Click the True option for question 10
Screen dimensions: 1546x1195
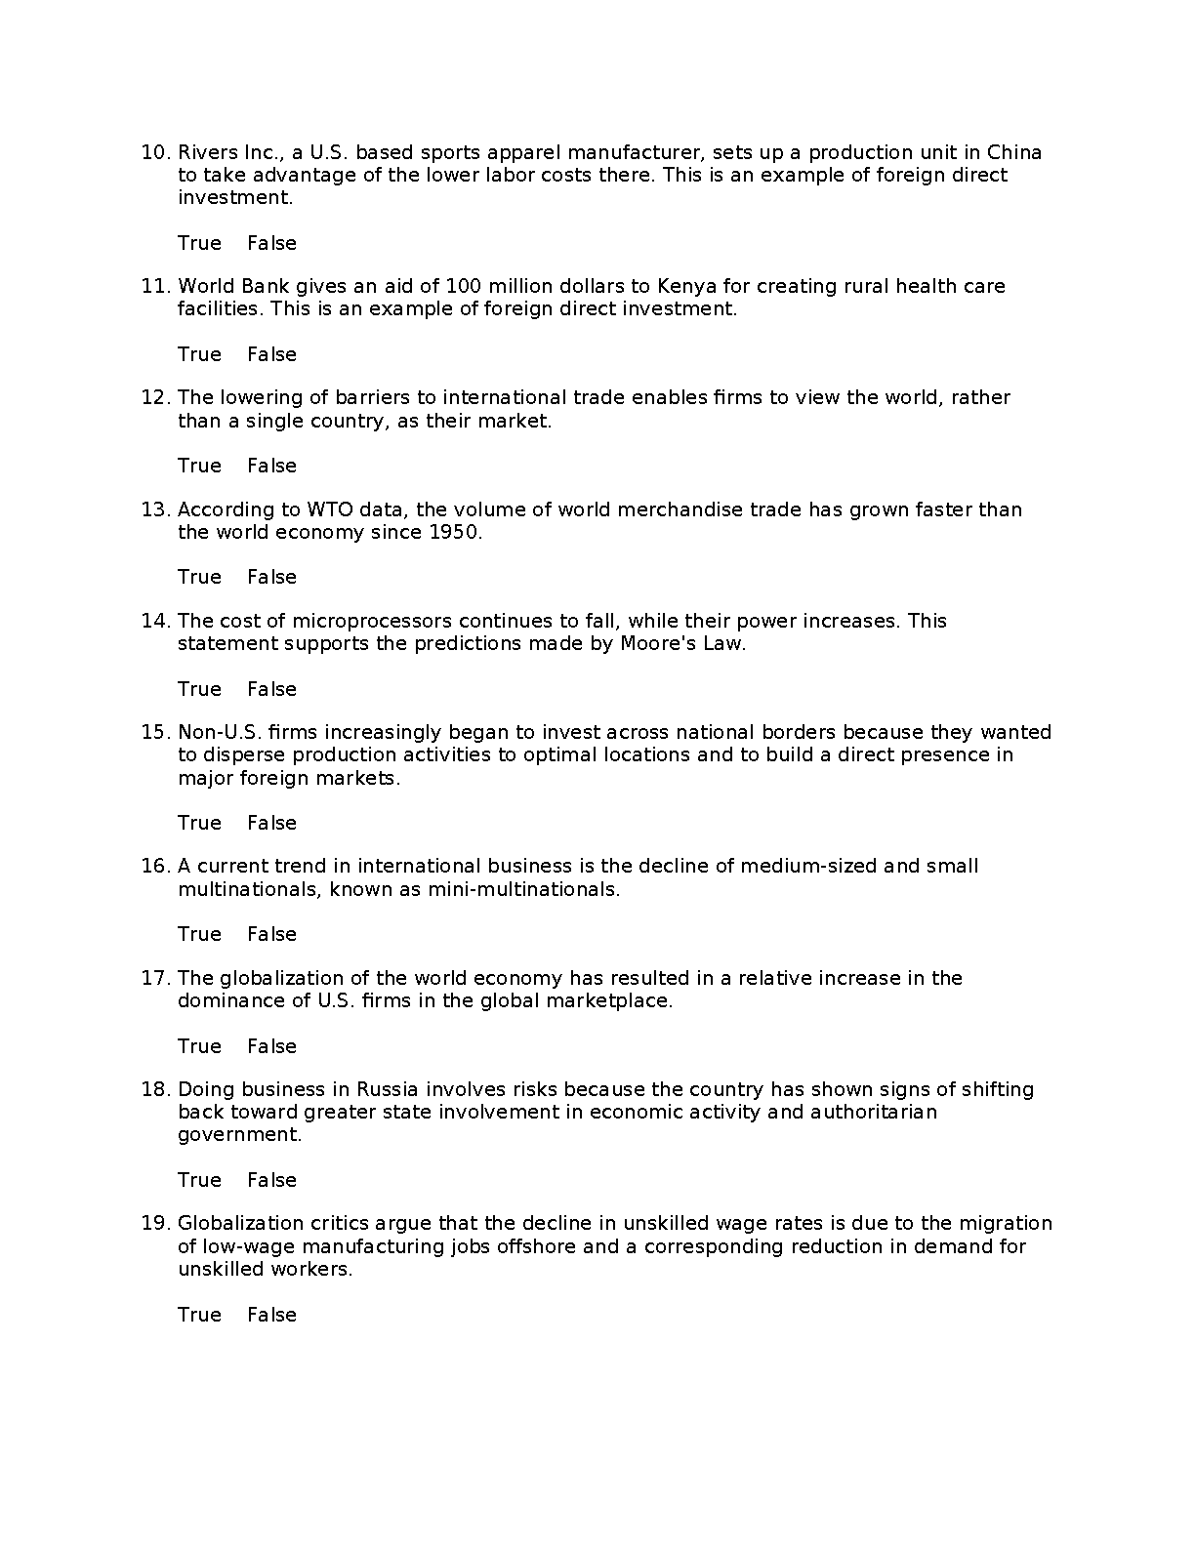[x=199, y=243]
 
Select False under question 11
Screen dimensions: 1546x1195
[x=271, y=354]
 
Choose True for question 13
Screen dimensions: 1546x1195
[x=199, y=577]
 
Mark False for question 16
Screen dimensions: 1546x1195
[x=271, y=934]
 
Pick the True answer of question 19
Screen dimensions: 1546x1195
[x=199, y=1315]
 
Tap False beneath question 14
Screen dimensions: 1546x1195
[x=271, y=689]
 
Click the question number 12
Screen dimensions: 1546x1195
[x=156, y=397]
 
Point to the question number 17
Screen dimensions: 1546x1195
[x=156, y=978]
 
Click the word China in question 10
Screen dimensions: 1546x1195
[x=1014, y=152]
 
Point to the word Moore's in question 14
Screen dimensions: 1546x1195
[x=658, y=644]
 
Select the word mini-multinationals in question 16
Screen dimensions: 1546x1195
[x=522, y=889]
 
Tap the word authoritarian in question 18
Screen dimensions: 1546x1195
[x=873, y=1112]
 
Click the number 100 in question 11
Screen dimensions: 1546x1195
[x=464, y=286]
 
